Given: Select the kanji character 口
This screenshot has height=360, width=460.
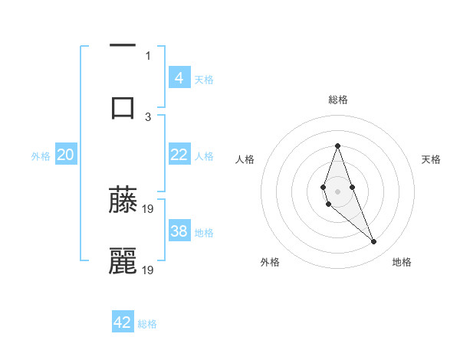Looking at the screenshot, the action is [x=123, y=106].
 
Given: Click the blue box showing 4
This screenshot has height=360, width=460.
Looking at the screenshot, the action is [x=179, y=77].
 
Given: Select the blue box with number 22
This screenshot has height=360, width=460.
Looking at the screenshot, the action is [x=179, y=155].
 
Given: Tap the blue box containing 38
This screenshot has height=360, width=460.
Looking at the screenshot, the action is [x=179, y=231].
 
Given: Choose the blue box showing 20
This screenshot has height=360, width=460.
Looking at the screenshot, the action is [x=65, y=155].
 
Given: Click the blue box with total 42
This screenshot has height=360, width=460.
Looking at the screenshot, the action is [x=123, y=322].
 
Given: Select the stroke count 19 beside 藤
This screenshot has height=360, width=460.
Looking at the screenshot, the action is [x=149, y=208].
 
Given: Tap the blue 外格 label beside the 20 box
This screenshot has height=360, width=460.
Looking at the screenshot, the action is [x=41, y=155].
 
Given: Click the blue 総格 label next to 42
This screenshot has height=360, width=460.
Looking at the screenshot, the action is [x=147, y=323].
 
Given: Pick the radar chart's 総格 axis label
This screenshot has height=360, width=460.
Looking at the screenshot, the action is [x=337, y=100].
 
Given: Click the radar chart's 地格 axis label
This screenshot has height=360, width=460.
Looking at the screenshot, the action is [x=402, y=262].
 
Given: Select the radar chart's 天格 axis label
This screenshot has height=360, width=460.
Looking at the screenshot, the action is [x=432, y=159].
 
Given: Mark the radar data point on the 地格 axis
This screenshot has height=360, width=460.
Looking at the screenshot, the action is [x=374, y=242].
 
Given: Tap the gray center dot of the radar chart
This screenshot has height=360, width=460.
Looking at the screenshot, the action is [x=337, y=191].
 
